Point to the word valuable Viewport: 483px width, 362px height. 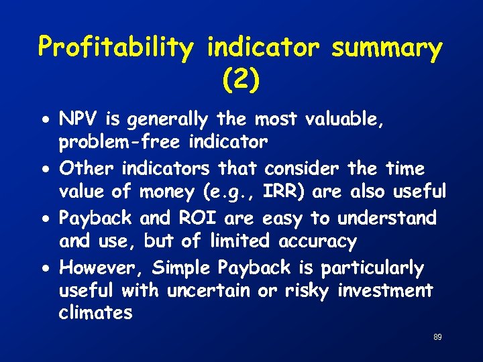[x=350, y=119]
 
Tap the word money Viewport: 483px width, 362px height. [x=167, y=192]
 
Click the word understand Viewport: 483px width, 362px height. [x=387, y=218]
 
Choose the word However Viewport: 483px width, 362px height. [x=103, y=267]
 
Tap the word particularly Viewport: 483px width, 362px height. [x=372, y=268]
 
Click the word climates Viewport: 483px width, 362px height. [x=96, y=313]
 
